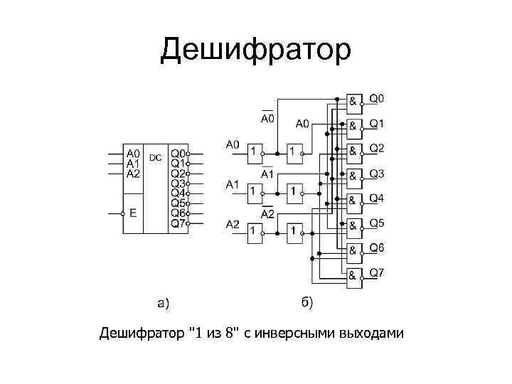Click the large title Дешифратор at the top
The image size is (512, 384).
click(255, 50)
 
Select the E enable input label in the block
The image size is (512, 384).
click(132, 213)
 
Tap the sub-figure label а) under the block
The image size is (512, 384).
click(163, 304)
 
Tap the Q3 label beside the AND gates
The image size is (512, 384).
click(376, 174)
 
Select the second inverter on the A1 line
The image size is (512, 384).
click(293, 191)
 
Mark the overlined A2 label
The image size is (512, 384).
click(268, 213)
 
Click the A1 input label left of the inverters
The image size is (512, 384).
click(233, 185)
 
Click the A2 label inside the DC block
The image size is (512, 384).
click(133, 173)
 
